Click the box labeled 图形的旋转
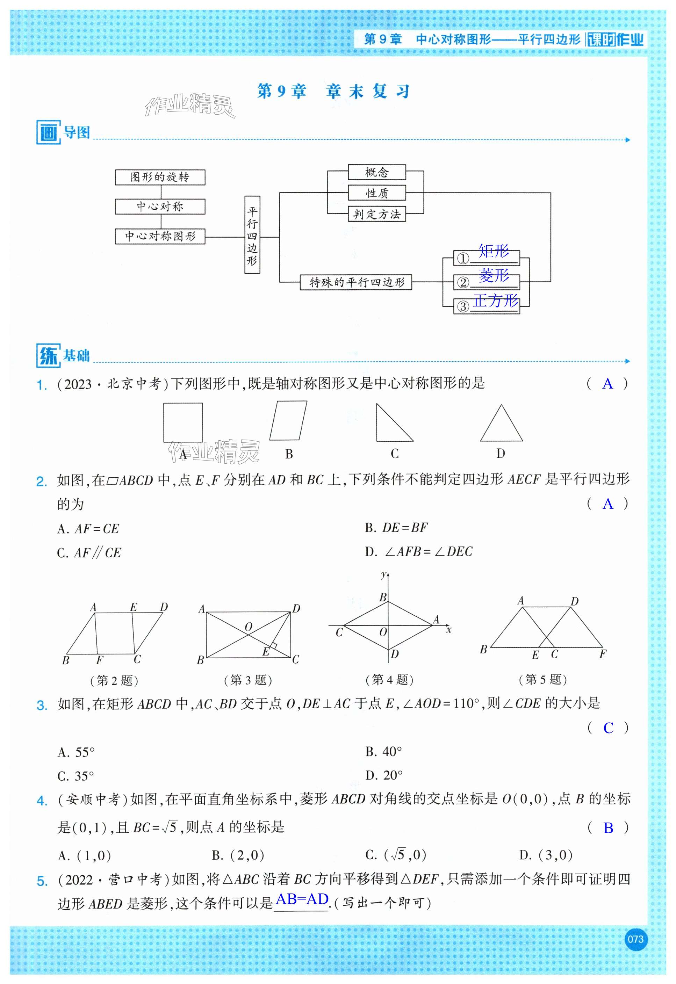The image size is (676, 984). point(160,177)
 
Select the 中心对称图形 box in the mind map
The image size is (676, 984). point(160,236)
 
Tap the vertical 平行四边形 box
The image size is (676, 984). point(252,235)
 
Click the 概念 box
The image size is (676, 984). point(376,172)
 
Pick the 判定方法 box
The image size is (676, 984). point(376,214)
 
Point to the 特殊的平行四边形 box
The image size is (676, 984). point(356,282)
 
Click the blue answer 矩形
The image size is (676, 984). point(494,251)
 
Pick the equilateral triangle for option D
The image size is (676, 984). point(501,426)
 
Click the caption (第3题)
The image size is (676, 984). point(248,680)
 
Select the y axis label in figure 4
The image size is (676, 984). point(383,574)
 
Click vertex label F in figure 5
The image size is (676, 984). point(603,654)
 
